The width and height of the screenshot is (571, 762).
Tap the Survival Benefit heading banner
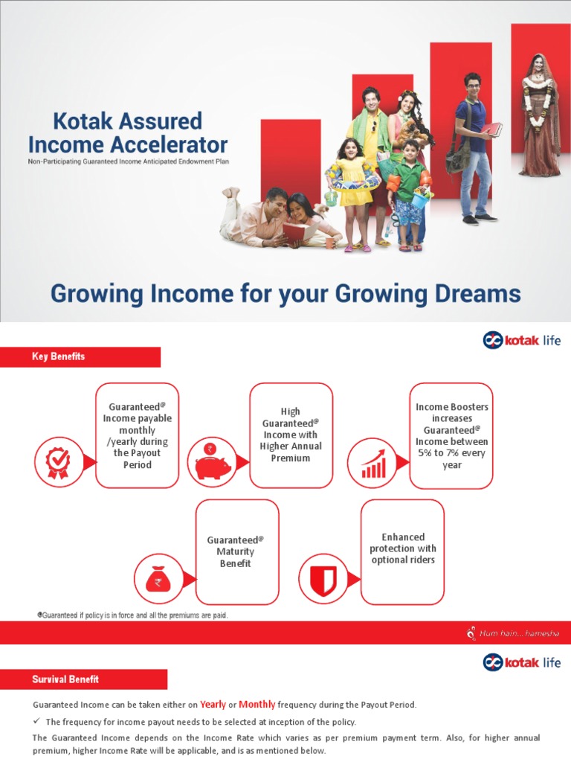(x=83, y=679)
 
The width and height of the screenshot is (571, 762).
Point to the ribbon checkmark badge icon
(x=58, y=458)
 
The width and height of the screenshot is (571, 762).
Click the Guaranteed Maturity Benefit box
(x=236, y=551)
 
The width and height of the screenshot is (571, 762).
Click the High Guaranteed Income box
(x=291, y=435)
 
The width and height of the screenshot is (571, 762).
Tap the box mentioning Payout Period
(x=138, y=435)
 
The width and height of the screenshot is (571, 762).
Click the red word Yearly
(x=213, y=705)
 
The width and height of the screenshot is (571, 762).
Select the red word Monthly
(x=257, y=705)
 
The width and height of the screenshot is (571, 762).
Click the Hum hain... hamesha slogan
(x=514, y=634)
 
